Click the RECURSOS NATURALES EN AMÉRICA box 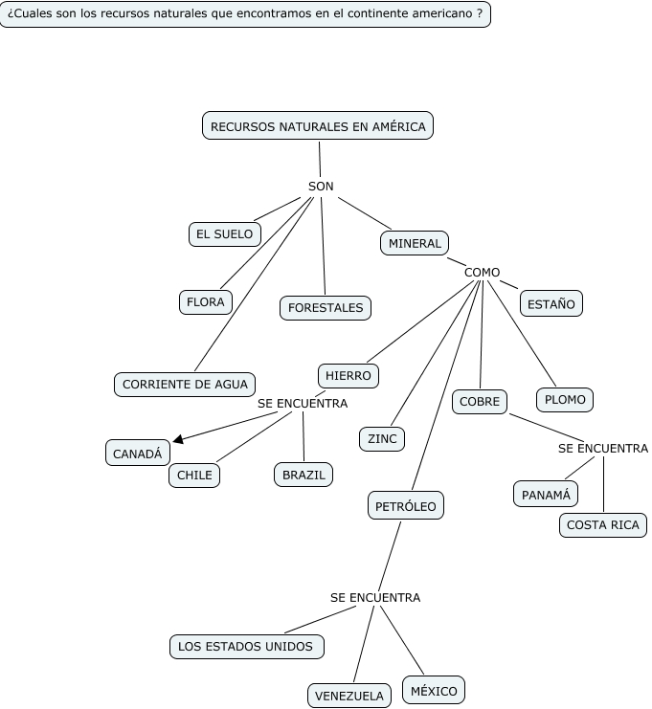[318, 126]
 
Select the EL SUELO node [225, 233]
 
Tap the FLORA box [206, 302]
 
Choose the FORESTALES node [326, 308]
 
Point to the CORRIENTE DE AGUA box [185, 385]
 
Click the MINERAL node [415, 244]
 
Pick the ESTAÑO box [551, 304]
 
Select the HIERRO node [348, 376]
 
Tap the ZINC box [381, 439]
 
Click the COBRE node [480, 402]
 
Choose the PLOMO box [565, 400]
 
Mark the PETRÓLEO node [406, 505]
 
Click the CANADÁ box [138, 454]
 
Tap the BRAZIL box [304, 475]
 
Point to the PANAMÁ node [546, 495]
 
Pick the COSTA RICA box [603, 525]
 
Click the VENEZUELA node [349, 697]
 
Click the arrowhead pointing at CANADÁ [179, 440]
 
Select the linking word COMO [482, 273]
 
